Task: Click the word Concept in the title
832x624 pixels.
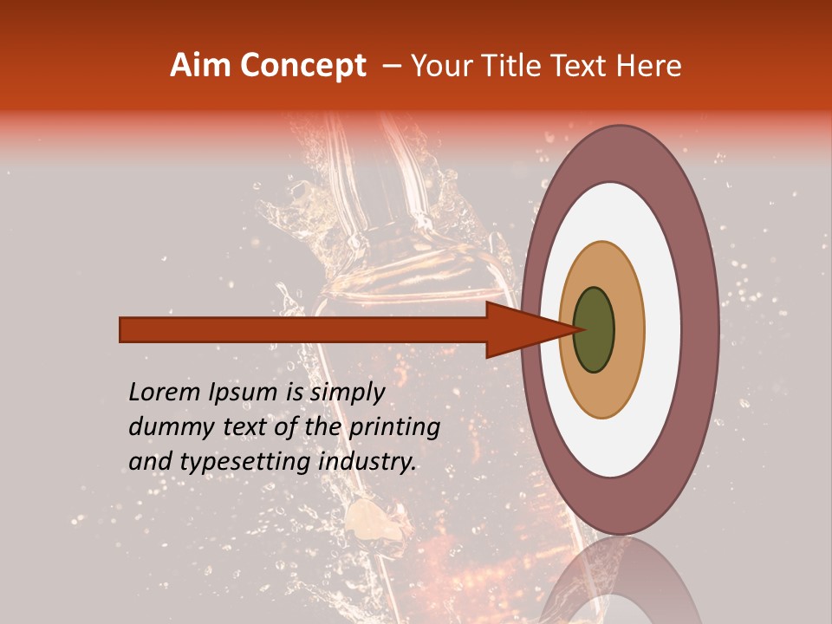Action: coord(304,66)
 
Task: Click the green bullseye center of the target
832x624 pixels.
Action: coord(594,329)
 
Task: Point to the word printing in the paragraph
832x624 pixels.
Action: coord(394,428)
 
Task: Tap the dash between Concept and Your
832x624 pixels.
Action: coord(392,66)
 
